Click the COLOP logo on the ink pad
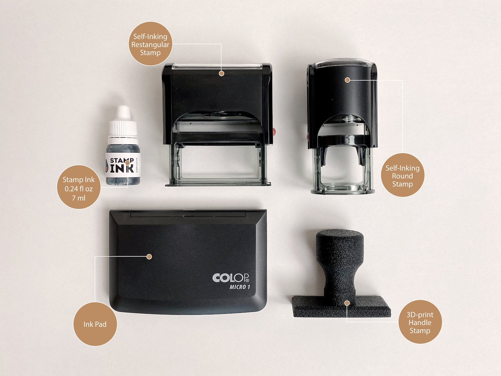click(x=231, y=278)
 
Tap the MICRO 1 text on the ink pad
click(x=240, y=287)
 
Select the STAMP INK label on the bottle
click(x=122, y=165)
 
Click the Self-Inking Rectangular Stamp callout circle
click(x=150, y=44)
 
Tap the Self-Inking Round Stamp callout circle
click(x=402, y=175)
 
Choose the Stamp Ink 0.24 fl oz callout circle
click(x=79, y=187)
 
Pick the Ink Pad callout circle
click(x=95, y=324)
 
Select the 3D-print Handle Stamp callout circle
click(x=420, y=322)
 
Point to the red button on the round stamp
click(x=308, y=136)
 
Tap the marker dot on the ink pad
click(x=149, y=257)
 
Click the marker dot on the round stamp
click(x=347, y=80)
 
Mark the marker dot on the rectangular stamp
click(x=221, y=73)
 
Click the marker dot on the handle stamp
click(x=347, y=303)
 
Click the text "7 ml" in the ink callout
click(x=79, y=198)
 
